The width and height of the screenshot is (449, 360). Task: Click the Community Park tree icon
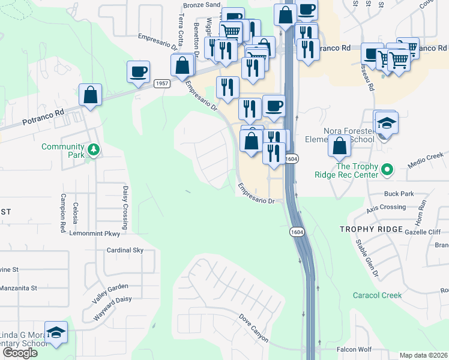(93, 148)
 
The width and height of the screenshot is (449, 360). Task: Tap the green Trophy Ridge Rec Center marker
(387, 171)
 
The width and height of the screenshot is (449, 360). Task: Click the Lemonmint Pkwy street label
(95, 233)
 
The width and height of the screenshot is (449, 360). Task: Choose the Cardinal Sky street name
(125, 250)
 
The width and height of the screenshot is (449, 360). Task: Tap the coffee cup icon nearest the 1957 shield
(138, 71)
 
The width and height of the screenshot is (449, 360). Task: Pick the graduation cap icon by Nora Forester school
(387, 124)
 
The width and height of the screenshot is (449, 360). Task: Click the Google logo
(20, 353)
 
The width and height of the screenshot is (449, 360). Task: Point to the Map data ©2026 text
(424, 355)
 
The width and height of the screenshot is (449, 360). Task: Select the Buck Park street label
(399, 194)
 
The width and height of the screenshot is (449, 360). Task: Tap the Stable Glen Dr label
(366, 259)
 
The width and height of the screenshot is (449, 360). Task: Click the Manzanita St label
(18, 288)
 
